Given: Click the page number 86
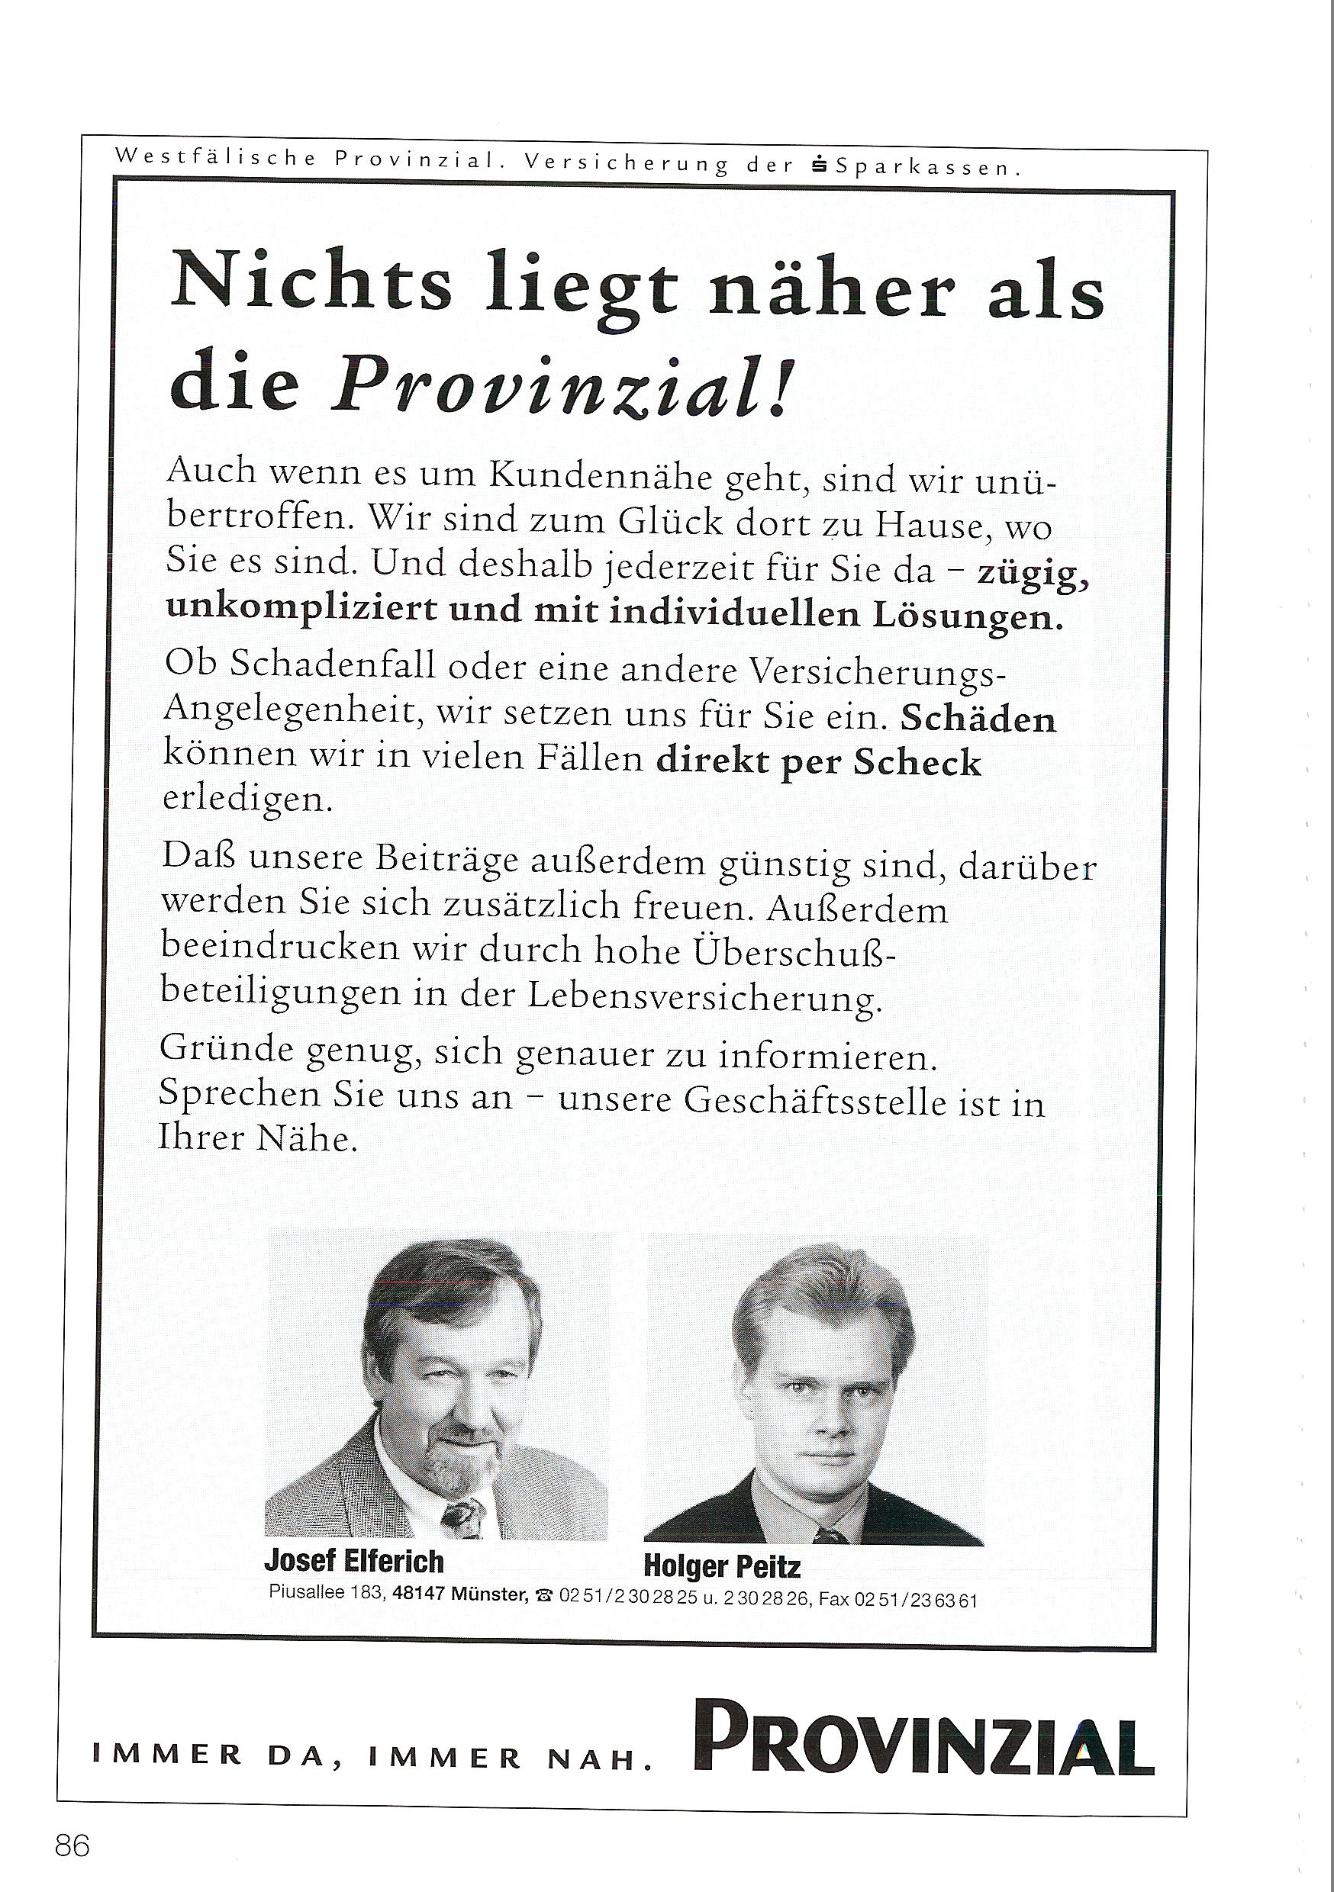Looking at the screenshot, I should tap(72, 1845).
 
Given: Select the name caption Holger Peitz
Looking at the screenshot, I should tap(721, 1565).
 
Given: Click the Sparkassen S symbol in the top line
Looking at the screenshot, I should tap(820, 166).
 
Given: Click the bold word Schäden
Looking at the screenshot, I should tap(978, 718).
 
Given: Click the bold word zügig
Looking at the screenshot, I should tap(1034, 572).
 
